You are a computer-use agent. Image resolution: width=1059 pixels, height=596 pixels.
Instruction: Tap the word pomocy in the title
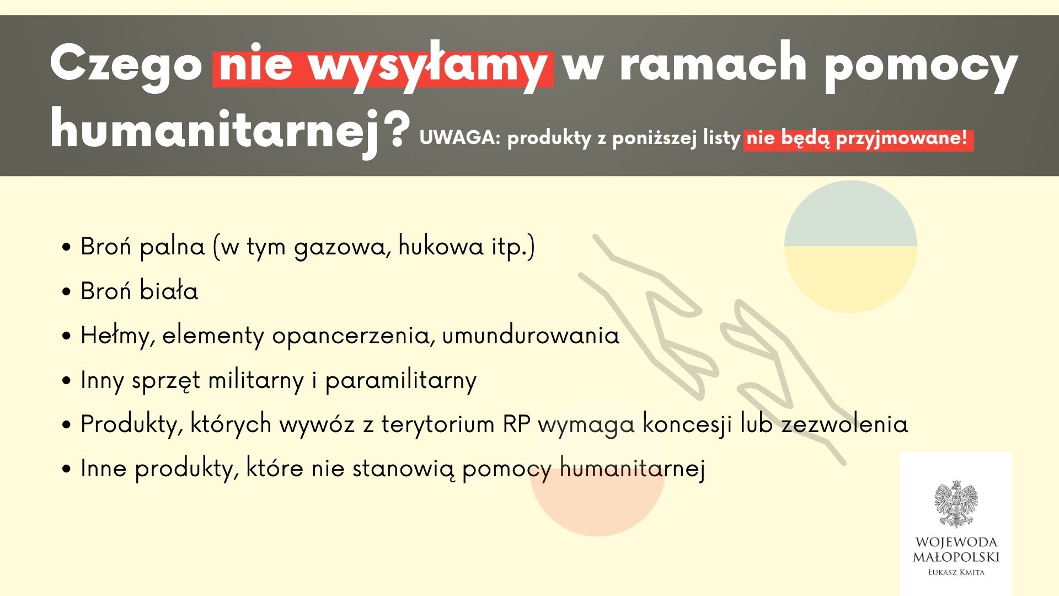[921, 66]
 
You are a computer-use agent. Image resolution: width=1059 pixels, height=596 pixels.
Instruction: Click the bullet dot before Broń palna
[67, 247]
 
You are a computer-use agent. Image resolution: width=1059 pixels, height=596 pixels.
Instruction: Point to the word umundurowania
[531, 336]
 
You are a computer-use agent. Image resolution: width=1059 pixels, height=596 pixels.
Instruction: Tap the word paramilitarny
[400, 380]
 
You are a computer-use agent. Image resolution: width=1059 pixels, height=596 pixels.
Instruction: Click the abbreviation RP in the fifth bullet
[516, 424]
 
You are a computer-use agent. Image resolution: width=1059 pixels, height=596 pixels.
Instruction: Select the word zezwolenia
[844, 424]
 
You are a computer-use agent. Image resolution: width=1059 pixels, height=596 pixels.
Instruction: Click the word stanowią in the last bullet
[404, 469]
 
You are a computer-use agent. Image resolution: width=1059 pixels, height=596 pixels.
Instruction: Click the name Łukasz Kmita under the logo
[956, 572]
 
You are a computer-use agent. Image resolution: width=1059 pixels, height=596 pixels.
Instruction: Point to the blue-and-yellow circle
[850, 247]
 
